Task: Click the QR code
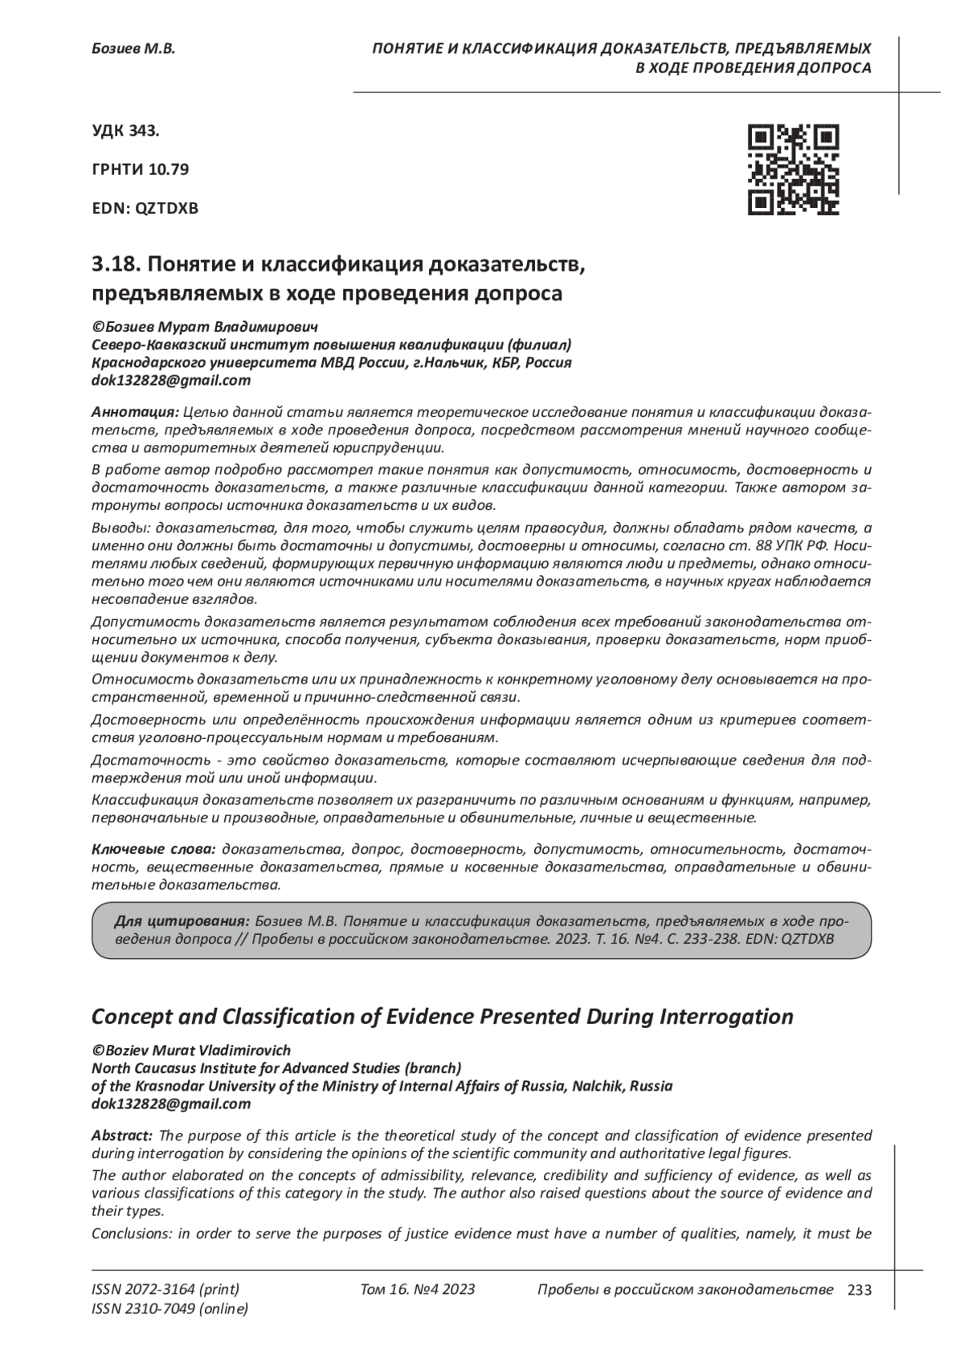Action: click(x=793, y=169)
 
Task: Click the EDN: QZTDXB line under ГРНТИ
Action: click(x=145, y=208)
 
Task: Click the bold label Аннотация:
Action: click(x=135, y=412)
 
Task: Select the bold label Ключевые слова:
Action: click(x=153, y=849)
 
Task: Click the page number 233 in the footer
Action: click(x=859, y=1290)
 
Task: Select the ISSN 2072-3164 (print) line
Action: click(x=165, y=1290)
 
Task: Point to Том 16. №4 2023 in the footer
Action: click(x=418, y=1290)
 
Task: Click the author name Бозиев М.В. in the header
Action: click(x=133, y=49)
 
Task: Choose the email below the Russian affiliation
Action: click(x=171, y=381)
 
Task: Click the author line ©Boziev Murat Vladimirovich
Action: click(x=191, y=1051)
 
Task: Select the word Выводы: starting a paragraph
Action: click(x=120, y=528)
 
